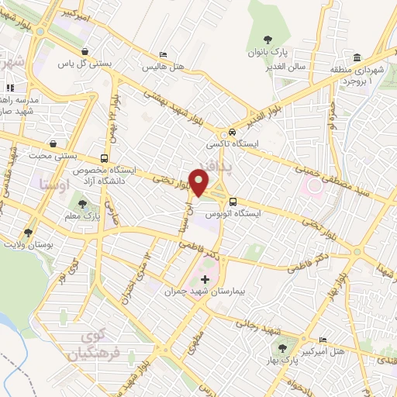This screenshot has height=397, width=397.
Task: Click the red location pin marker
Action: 200,183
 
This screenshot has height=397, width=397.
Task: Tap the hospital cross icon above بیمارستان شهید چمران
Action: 205,279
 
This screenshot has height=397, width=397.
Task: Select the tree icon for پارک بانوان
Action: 268,40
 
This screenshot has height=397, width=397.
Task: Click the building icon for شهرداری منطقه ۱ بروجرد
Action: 357,57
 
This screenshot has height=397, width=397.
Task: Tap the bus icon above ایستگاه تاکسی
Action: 222,132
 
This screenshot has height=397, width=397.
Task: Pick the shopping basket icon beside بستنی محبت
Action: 52,143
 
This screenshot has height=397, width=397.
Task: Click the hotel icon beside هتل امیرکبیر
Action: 323,340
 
